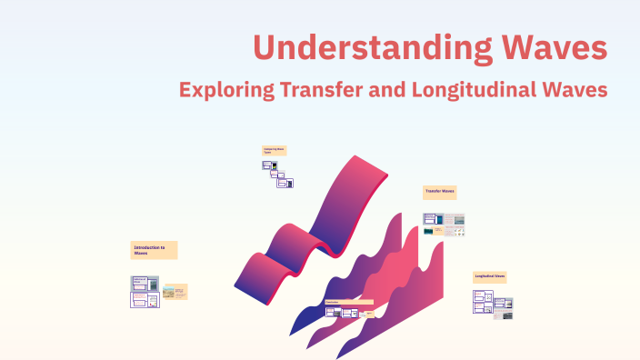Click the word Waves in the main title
coord(556,46)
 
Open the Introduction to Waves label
coord(154,250)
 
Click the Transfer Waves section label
coord(439,192)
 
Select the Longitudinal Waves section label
coord(489,275)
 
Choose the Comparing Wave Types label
coord(274,150)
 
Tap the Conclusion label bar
coord(348,302)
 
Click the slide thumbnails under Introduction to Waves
coord(145,291)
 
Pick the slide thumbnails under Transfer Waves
coord(444,224)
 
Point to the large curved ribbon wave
coord(309,227)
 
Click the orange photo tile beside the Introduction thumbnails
coord(175,293)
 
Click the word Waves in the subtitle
coord(575,90)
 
